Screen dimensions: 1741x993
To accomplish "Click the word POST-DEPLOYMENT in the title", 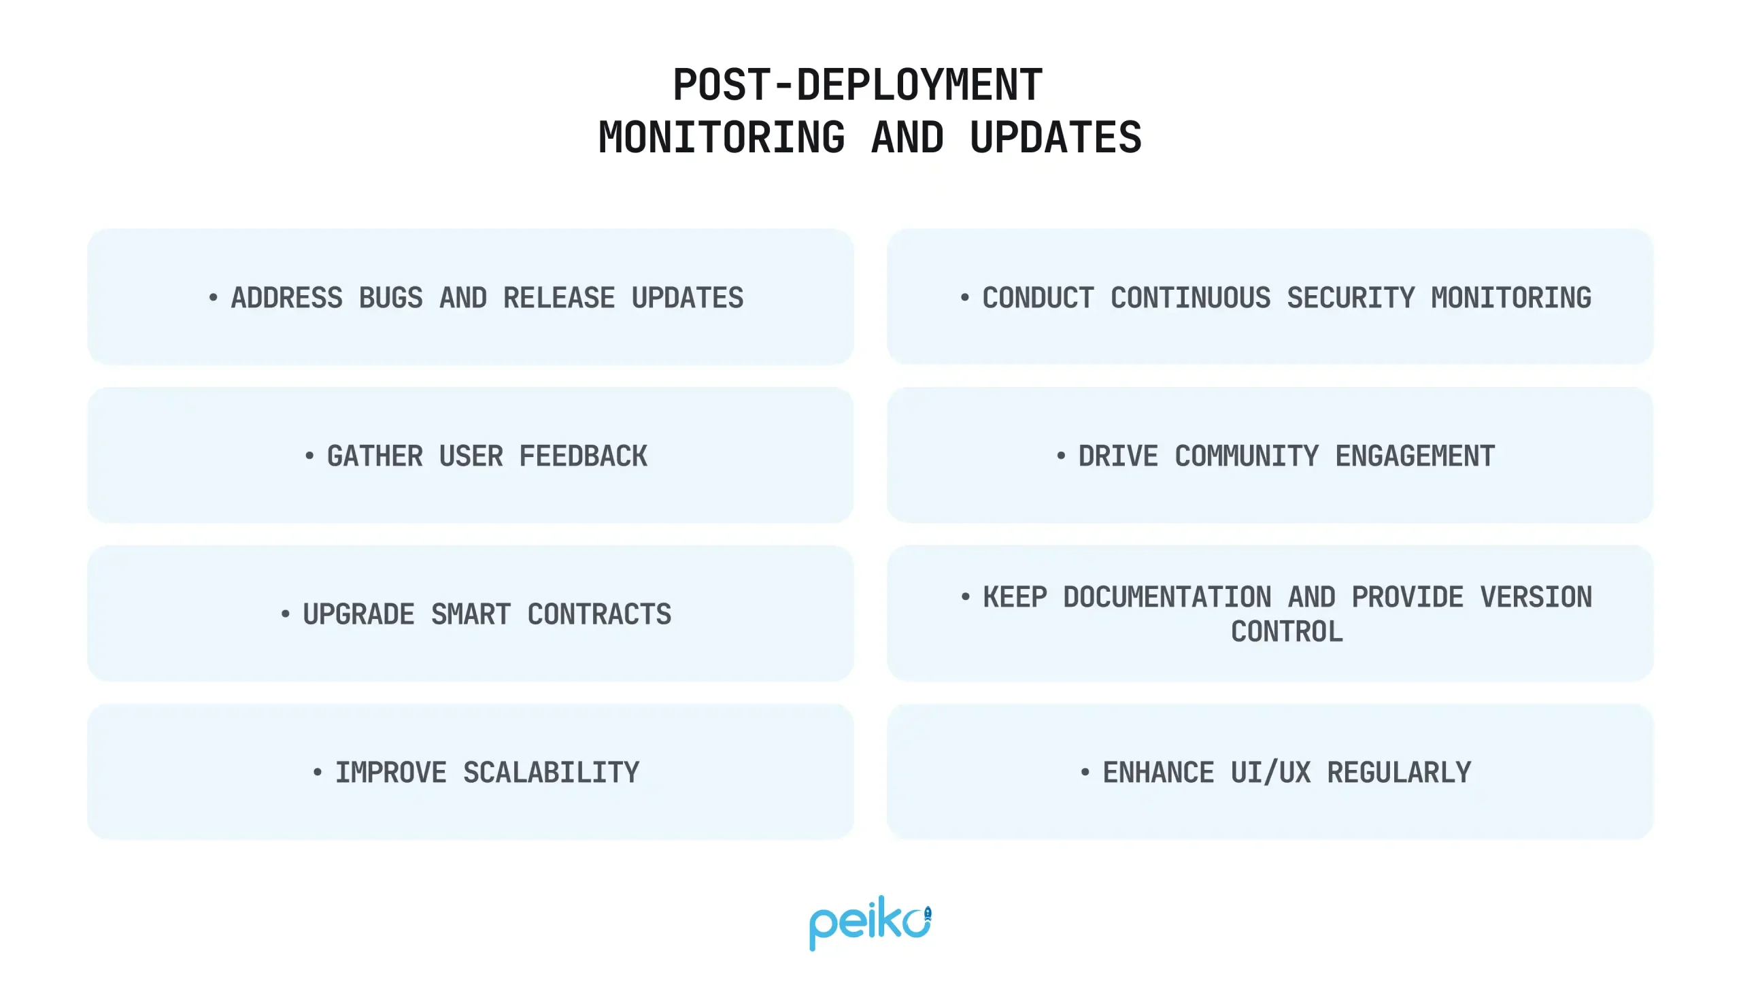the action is pos(857,85).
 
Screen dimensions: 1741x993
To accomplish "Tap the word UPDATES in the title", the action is pos(1055,137).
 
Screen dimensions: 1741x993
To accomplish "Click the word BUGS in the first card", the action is pos(391,298).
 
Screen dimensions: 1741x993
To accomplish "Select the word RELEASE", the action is pos(558,298).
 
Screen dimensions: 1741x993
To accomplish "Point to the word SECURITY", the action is pos(1350,298).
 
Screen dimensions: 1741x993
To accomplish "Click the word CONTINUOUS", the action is pos(1190,298).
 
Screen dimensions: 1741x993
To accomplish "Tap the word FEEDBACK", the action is pos(583,456).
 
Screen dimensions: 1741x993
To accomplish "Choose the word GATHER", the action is pos(375,456).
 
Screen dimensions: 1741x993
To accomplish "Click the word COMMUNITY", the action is pos(1246,456).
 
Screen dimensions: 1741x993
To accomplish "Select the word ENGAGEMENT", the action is pos(1415,456).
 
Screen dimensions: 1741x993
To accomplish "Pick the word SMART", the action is pos(471,614).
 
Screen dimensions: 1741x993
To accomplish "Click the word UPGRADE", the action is pos(358,614).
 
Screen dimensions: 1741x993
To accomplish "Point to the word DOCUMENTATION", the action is pos(1167,597).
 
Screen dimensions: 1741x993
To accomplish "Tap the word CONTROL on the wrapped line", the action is pos(1287,632).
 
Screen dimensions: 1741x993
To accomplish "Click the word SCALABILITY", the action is pos(551,773).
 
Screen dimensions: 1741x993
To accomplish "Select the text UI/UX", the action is pos(1270,773).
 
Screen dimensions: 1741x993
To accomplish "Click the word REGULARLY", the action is pos(1399,773).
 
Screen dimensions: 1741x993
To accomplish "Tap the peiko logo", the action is pos(870,922).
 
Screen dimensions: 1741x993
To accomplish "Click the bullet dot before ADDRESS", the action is pos(214,297).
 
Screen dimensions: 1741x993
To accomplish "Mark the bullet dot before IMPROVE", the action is pos(317,772).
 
